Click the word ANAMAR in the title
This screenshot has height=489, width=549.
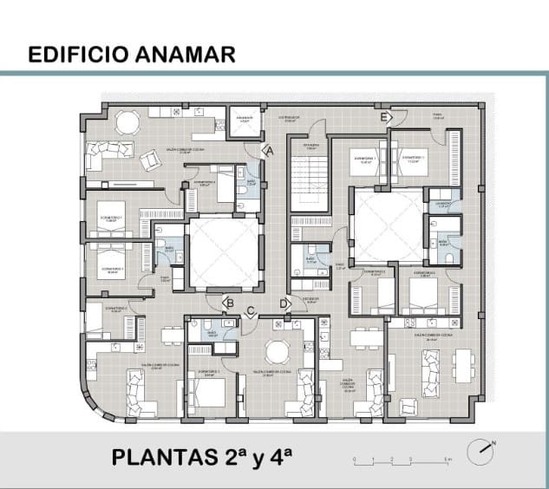click(x=186, y=55)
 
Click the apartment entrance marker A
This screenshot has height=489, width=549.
click(x=269, y=151)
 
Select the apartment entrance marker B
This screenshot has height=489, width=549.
click(x=229, y=303)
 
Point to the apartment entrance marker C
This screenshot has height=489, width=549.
click(x=251, y=310)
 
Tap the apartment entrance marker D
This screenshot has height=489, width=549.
click(x=284, y=303)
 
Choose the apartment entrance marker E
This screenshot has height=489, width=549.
click(x=384, y=115)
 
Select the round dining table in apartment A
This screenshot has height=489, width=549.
click(x=127, y=122)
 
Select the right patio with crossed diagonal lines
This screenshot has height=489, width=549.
click(x=388, y=227)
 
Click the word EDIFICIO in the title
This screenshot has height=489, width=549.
click(x=77, y=55)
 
